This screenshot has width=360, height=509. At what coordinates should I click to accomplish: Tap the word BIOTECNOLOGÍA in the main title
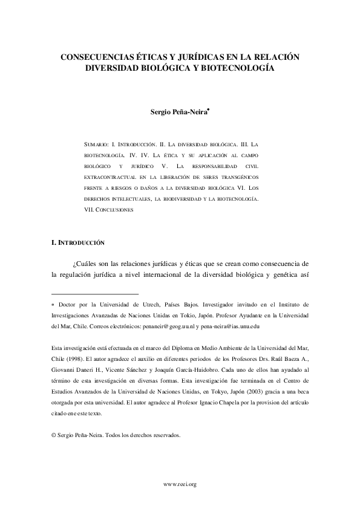232,68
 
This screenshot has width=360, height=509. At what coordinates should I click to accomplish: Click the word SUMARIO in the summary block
96,146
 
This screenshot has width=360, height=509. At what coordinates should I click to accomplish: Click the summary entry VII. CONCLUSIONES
108,209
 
